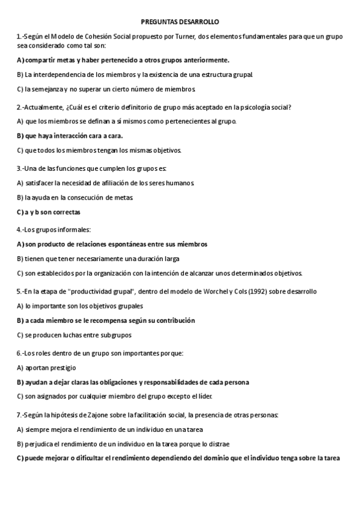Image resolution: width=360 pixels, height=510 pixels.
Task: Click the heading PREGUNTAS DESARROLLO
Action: [180, 22]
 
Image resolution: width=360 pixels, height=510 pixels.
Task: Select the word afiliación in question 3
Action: [117, 183]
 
